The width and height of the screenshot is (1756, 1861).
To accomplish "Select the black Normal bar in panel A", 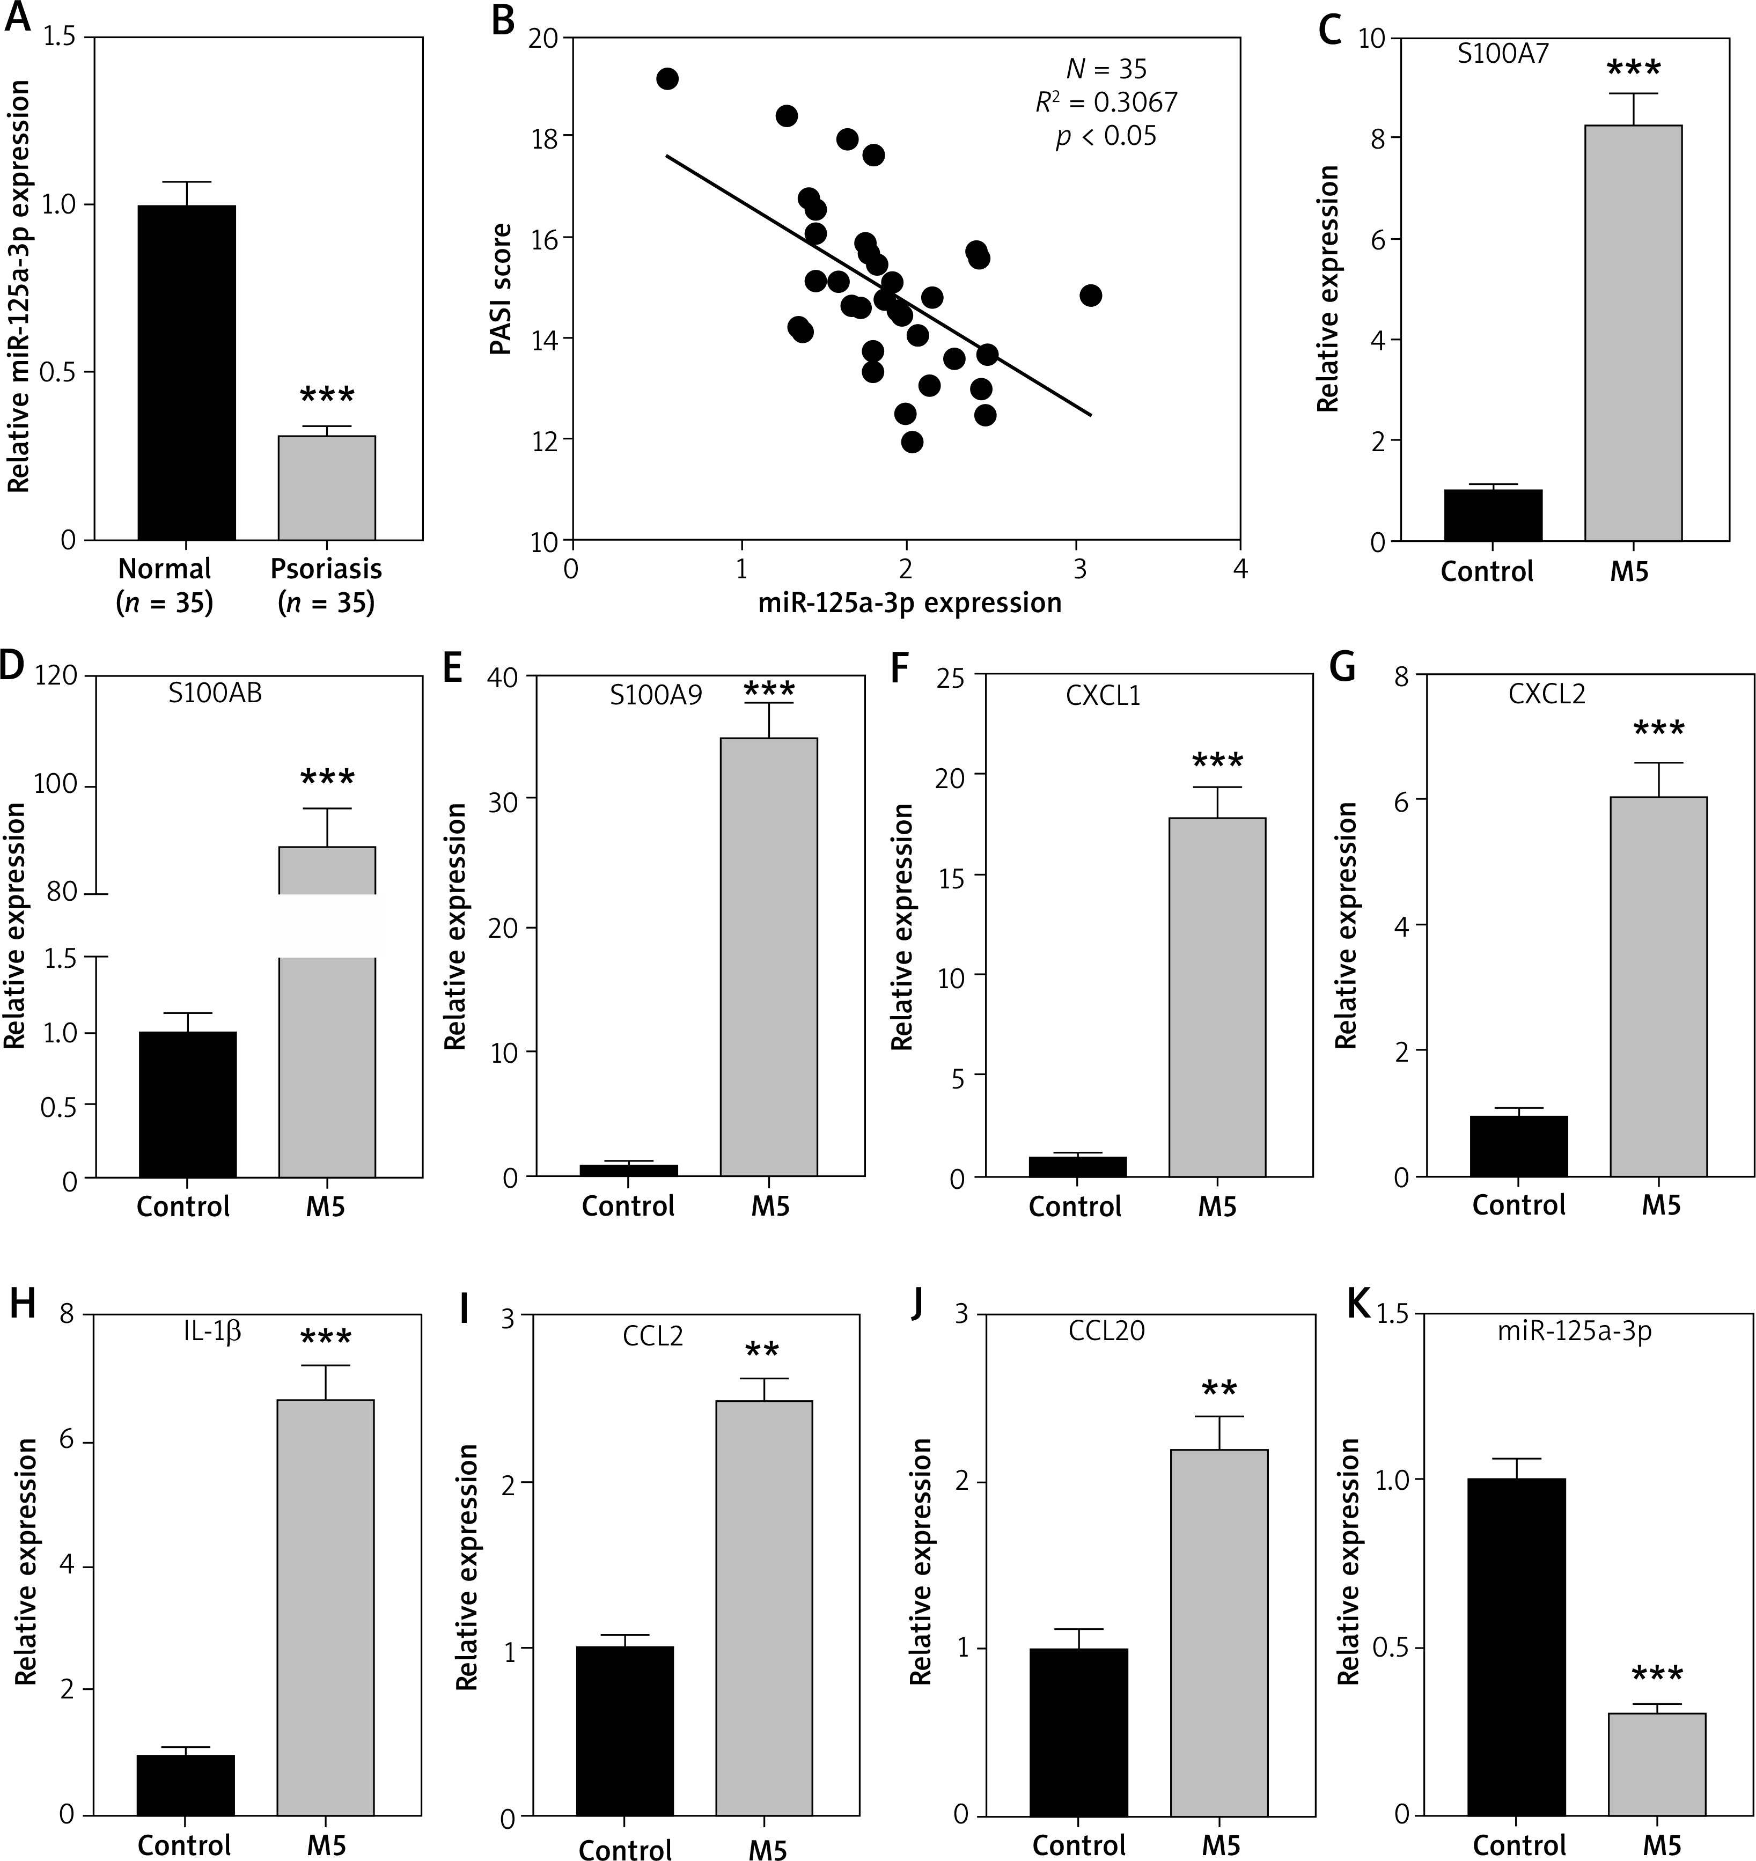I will (186, 372).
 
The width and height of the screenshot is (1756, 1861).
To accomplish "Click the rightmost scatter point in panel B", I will (1091, 296).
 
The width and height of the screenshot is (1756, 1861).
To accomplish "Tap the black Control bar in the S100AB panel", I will (187, 1105).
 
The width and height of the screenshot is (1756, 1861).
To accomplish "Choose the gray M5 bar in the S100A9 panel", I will (768, 957).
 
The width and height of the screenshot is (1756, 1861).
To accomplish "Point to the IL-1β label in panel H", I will (212, 1330).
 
